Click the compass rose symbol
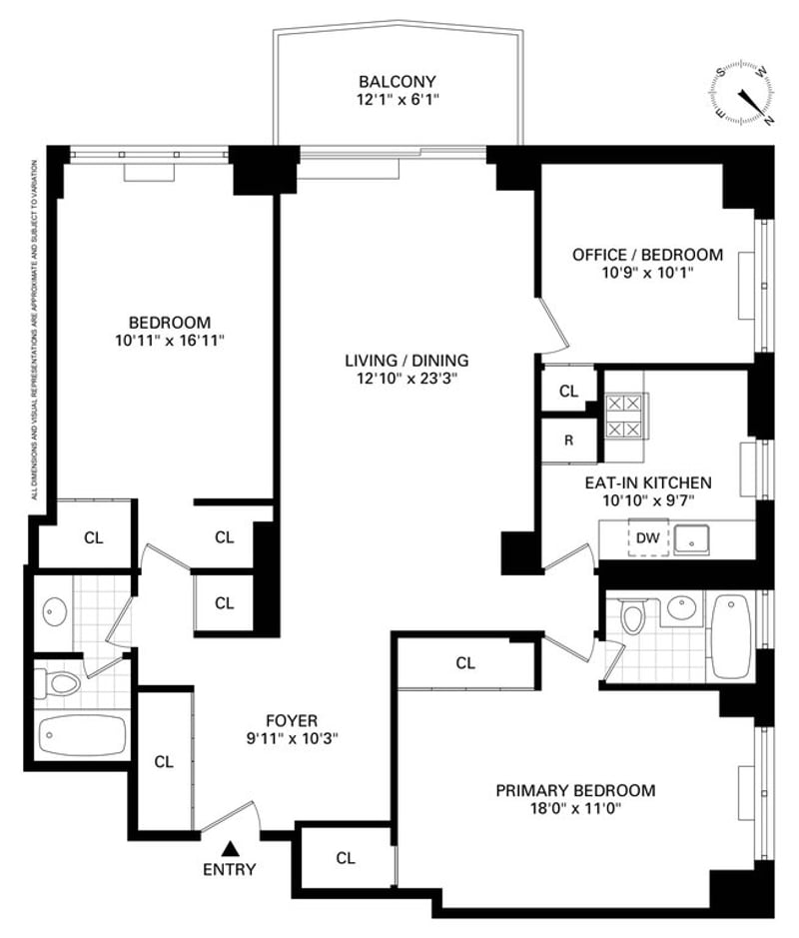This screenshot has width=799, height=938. pyautogui.click(x=742, y=94)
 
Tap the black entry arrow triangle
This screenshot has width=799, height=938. pyautogui.click(x=230, y=849)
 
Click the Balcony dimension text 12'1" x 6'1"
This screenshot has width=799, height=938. pyautogui.click(x=398, y=99)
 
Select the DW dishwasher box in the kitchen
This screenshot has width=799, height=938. pyautogui.click(x=648, y=537)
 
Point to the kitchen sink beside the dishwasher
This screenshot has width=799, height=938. pyautogui.click(x=692, y=540)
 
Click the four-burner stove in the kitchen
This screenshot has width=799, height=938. pyautogui.click(x=625, y=417)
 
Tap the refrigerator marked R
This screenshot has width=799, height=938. pyautogui.click(x=568, y=441)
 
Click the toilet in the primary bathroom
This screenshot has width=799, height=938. pyautogui.click(x=632, y=615)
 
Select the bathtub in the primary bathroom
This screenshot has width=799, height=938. pyautogui.click(x=731, y=636)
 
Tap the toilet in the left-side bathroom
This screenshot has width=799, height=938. pyautogui.click(x=57, y=683)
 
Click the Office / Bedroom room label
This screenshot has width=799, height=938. pyautogui.click(x=648, y=255)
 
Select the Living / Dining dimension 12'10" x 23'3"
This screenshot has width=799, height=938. pyautogui.click(x=406, y=379)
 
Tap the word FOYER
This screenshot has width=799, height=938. pyautogui.click(x=292, y=721)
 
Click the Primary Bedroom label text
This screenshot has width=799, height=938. pyautogui.click(x=576, y=791)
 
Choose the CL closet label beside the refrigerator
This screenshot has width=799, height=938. pyautogui.click(x=568, y=392)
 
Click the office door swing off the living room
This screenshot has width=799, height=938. pyautogui.click(x=553, y=326)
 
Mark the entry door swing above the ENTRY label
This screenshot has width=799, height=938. pyautogui.click(x=231, y=816)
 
